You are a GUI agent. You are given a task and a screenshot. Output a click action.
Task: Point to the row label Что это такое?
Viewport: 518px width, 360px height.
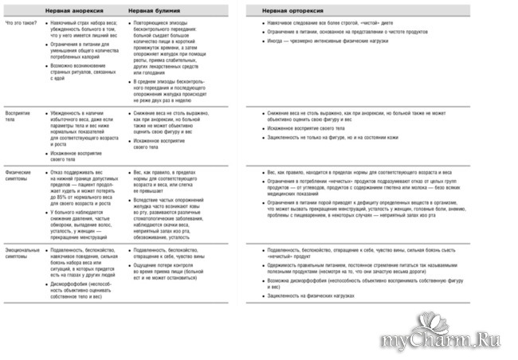point(21,24)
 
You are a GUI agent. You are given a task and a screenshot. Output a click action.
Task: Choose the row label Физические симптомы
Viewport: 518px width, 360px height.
point(19,176)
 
